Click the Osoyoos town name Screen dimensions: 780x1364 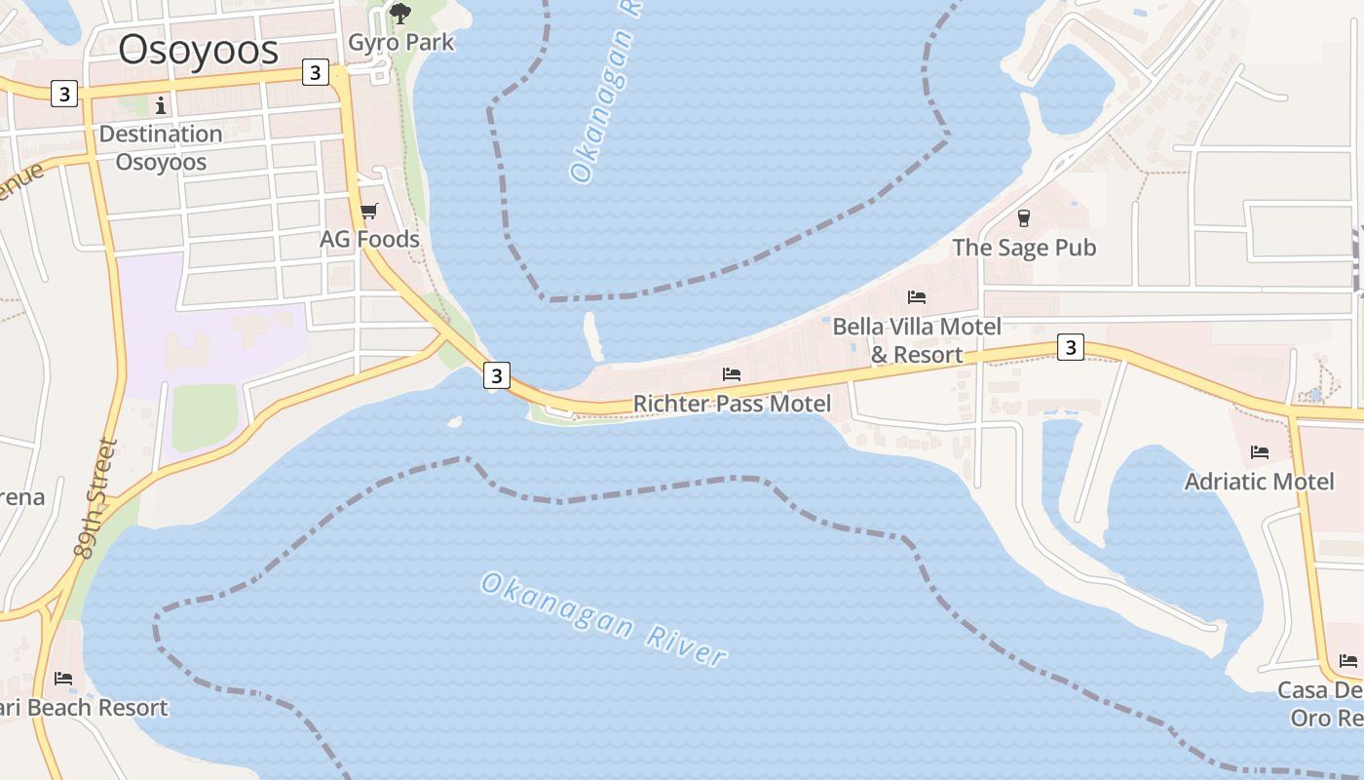click(x=199, y=50)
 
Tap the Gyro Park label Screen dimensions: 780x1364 click(x=401, y=42)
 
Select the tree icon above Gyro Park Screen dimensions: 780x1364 click(x=399, y=13)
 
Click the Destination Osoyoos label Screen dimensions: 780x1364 click(x=161, y=147)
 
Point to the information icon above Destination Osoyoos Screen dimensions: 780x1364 click(x=161, y=104)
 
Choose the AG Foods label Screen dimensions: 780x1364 click(x=369, y=239)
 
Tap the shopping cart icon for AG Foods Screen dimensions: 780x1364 click(x=368, y=211)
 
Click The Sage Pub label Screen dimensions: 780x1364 click(x=1024, y=248)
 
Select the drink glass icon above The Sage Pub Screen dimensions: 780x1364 click(x=1024, y=217)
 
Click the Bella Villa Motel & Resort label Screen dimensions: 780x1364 click(x=917, y=340)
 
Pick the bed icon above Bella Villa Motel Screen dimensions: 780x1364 click(x=917, y=297)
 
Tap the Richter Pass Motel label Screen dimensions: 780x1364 click(x=732, y=404)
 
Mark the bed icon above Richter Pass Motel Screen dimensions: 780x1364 click(x=732, y=374)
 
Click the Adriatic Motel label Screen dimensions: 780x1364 click(x=1259, y=482)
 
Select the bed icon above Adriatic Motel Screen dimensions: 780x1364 click(x=1259, y=452)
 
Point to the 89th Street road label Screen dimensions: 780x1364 click(x=95, y=499)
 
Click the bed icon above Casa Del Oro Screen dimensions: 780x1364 click(x=1348, y=661)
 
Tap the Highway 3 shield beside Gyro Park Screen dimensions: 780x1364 click(x=315, y=72)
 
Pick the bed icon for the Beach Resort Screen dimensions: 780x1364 click(x=63, y=678)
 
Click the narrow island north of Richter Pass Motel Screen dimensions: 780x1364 click(x=592, y=335)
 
